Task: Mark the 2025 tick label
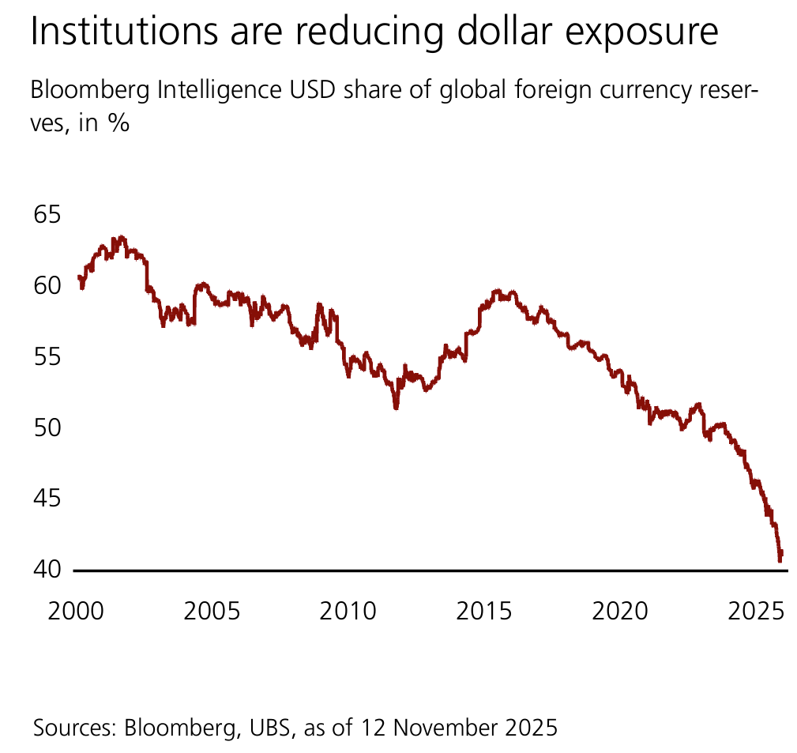tap(755, 612)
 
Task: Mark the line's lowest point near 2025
tap(780, 560)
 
